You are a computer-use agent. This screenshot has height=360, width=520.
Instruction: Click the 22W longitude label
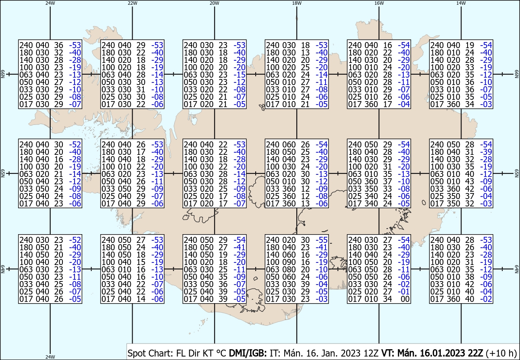[x=133, y=3]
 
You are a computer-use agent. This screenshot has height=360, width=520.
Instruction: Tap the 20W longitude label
[x=214, y=3]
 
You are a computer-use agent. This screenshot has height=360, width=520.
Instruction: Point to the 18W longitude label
[x=296, y=3]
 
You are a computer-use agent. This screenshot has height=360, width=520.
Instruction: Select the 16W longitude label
[x=379, y=3]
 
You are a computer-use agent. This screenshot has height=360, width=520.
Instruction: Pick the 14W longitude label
[x=461, y=3]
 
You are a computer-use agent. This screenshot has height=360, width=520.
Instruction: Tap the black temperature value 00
[x=406, y=299]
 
